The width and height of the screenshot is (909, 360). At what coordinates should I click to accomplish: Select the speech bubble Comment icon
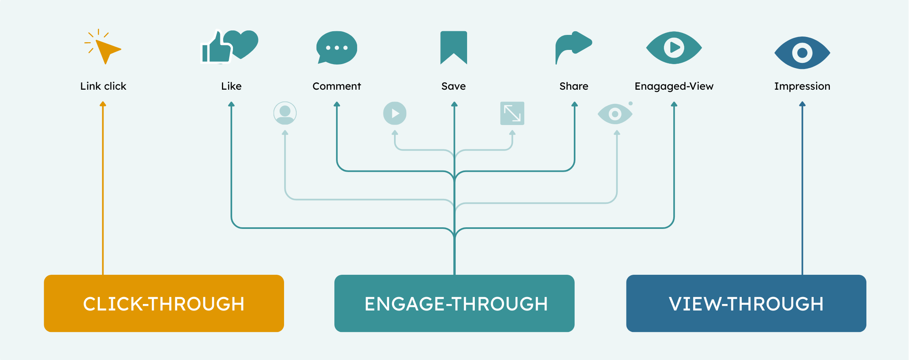click(x=336, y=48)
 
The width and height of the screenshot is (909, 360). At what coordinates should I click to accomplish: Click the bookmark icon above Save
click(x=454, y=47)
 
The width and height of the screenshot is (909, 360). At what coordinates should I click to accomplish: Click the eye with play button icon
click(x=674, y=47)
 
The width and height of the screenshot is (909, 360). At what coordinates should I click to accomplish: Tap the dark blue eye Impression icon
click(x=802, y=53)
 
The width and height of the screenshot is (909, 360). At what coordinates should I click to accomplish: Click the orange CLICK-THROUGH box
click(x=164, y=304)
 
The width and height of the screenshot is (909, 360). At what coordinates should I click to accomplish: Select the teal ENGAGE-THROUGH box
click(x=454, y=304)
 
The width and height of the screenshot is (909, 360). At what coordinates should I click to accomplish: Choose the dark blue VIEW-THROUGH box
click(x=746, y=304)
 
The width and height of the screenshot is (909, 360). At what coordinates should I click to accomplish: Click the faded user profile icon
click(x=285, y=113)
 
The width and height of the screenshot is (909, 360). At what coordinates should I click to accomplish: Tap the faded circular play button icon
click(x=395, y=113)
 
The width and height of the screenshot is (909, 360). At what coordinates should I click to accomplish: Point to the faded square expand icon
click(x=512, y=113)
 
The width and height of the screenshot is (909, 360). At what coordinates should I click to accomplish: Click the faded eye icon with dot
click(x=615, y=114)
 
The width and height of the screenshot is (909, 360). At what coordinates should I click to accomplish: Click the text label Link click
click(x=103, y=86)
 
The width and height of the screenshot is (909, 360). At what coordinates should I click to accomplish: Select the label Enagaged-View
click(x=674, y=86)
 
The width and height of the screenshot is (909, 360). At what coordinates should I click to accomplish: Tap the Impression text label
click(x=802, y=86)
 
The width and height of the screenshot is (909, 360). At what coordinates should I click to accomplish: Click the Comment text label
click(x=336, y=86)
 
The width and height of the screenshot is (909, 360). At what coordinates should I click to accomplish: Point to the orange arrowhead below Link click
click(x=103, y=104)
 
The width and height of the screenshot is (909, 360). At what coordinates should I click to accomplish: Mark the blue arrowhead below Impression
click(x=802, y=104)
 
